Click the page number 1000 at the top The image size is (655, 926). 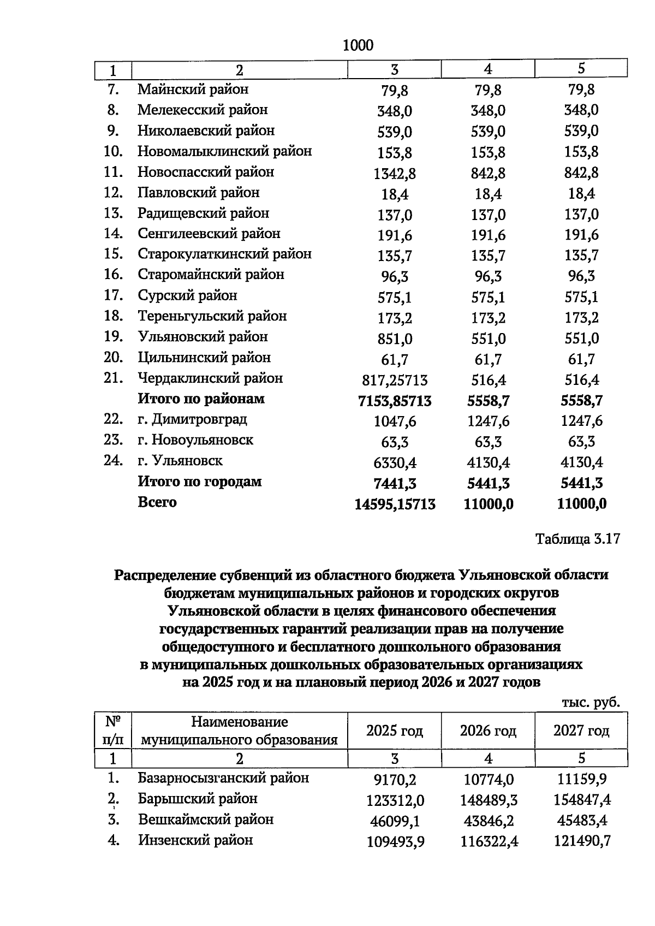tap(358, 45)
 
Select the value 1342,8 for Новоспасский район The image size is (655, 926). tap(395, 174)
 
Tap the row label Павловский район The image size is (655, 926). tap(198, 193)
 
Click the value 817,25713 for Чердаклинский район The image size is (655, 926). tap(395, 380)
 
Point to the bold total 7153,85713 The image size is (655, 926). tap(395, 401)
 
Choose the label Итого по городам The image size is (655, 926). tap(199, 482)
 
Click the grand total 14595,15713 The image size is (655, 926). tap(395, 504)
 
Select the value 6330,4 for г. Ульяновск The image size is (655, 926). tap(395, 463)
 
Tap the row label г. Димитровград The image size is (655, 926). tap(192, 419)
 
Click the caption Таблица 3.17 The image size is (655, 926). tap(577, 539)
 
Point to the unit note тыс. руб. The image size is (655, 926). tap(591, 702)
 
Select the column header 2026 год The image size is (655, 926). tap(488, 731)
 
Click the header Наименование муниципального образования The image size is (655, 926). tap(239, 731)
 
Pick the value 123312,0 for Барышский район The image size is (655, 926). tap(395, 800)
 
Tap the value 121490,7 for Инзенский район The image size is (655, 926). tap(581, 842)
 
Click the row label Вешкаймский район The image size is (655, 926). tap(205, 820)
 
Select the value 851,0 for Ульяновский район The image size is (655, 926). tap(395, 339)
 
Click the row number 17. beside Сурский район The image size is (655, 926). tap(113, 295)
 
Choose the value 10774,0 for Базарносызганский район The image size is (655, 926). tap(488, 779)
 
